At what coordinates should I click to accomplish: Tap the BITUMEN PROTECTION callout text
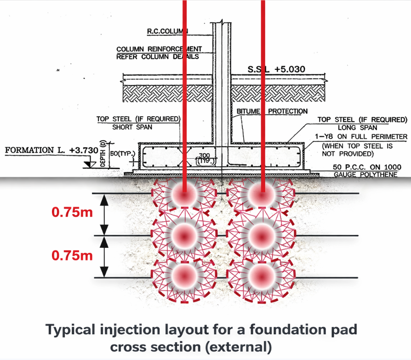(x=272, y=111)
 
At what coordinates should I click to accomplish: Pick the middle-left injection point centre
(x=184, y=236)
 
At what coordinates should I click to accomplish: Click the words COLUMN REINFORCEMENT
(x=159, y=49)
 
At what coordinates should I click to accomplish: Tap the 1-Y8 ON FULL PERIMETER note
(x=360, y=137)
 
